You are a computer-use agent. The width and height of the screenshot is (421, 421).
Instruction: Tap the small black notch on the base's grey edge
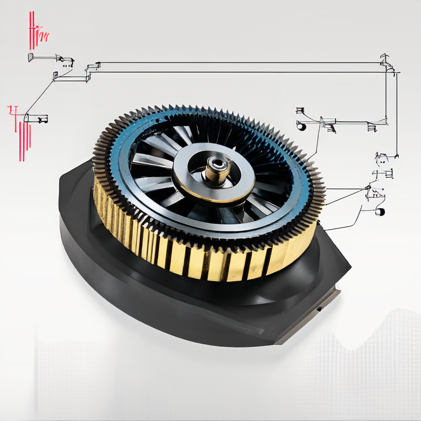pos(318,309)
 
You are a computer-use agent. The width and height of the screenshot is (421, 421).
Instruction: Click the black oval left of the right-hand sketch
pos(301,127)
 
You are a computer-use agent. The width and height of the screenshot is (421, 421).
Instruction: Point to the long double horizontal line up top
pos(241,67)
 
